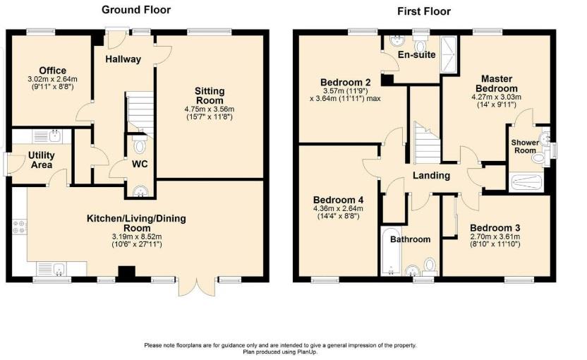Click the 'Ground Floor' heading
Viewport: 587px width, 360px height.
[x=136, y=10]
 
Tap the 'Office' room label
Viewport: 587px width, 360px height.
[x=53, y=71]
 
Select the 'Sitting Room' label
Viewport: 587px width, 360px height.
[x=210, y=96]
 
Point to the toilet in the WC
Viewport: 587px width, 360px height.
[x=138, y=146]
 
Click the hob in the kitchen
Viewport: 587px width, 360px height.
[x=19, y=227]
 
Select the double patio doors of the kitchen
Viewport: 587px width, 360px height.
[x=195, y=286]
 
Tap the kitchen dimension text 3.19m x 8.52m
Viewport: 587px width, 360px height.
[x=136, y=236]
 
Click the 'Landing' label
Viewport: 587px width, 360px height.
[x=431, y=176]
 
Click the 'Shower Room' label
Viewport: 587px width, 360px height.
[x=525, y=147]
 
